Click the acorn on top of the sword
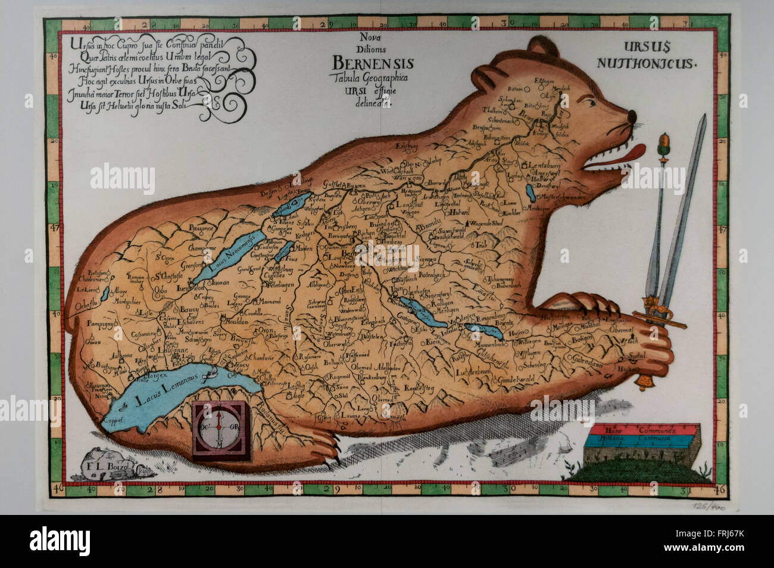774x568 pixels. click(x=662, y=145)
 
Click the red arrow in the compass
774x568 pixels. click(x=220, y=420)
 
